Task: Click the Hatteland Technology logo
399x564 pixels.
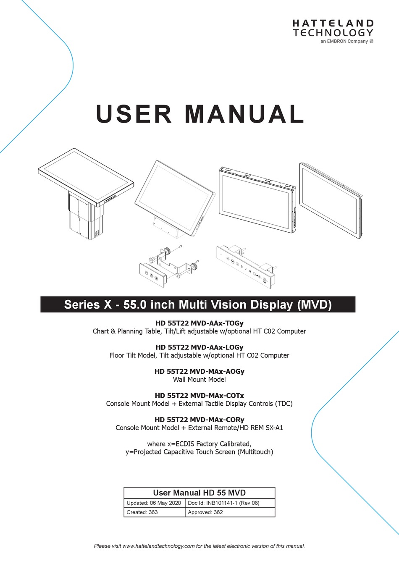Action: tap(333, 31)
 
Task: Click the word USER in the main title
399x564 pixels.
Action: tap(134, 114)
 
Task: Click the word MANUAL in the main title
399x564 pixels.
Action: tap(244, 114)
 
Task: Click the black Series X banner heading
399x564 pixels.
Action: tap(198, 304)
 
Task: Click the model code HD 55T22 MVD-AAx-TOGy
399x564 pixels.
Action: tap(199, 323)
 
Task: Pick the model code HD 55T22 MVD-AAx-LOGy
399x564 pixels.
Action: tap(199, 347)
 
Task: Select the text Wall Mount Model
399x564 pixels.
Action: tap(199, 380)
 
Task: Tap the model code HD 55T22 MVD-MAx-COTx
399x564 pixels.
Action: tap(199, 396)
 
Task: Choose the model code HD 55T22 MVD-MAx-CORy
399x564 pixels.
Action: tap(199, 420)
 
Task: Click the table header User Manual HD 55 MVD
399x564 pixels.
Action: tap(199, 493)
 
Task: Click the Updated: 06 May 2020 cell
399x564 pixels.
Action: tap(154, 503)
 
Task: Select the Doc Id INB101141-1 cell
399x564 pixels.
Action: tap(224, 503)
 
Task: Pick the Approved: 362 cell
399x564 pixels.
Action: tap(205, 512)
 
